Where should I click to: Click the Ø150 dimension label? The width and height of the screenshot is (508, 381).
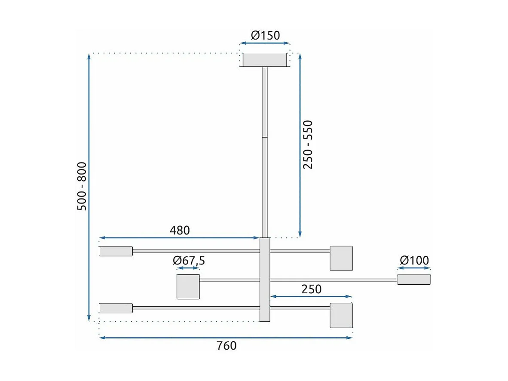(265, 35)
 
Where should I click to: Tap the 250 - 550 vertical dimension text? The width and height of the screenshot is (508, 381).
(308, 144)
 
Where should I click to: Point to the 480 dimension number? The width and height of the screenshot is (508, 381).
(180, 230)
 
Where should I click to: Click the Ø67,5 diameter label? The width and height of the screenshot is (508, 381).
(189, 261)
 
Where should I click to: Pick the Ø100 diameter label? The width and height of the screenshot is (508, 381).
(414, 260)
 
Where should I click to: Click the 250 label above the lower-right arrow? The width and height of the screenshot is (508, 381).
(311, 289)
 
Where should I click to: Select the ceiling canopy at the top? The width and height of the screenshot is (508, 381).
(265, 60)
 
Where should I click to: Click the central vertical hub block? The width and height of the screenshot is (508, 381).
(265, 280)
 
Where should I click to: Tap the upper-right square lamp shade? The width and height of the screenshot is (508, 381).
(341, 258)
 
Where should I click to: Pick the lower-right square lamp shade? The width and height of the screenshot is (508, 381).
(341, 315)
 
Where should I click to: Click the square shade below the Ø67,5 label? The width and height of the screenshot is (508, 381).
(188, 286)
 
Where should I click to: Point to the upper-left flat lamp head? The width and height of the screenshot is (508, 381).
(116, 251)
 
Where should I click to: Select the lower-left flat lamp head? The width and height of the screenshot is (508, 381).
(116, 308)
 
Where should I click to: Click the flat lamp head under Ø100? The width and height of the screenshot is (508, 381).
(413, 280)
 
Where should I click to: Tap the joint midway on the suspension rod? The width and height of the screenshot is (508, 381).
(265, 137)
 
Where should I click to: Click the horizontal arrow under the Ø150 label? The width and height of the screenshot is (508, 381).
(265, 43)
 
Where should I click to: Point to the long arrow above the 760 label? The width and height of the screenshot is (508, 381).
(226, 338)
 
